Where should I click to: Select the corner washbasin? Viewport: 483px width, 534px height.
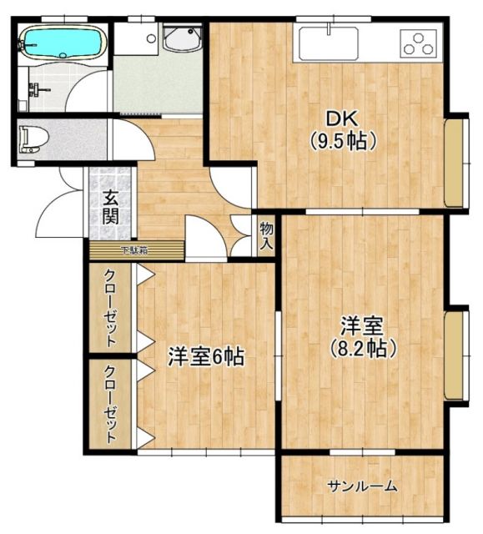(x=182, y=38)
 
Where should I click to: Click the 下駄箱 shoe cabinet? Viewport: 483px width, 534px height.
(x=134, y=249)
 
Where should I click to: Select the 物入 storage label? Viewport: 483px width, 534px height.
(x=265, y=236)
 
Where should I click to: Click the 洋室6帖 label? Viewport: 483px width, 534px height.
(x=205, y=357)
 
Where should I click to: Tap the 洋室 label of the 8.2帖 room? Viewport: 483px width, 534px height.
(x=360, y=325)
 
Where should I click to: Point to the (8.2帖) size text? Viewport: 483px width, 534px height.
(x=360, y=347)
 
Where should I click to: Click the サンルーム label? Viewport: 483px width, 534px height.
(x=362, y=487)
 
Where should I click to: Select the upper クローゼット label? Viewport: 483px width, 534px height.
(x=109, y=306)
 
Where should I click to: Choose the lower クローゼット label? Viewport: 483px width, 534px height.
(x=109, y=403)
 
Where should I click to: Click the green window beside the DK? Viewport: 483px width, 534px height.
(x=455, y=164)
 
